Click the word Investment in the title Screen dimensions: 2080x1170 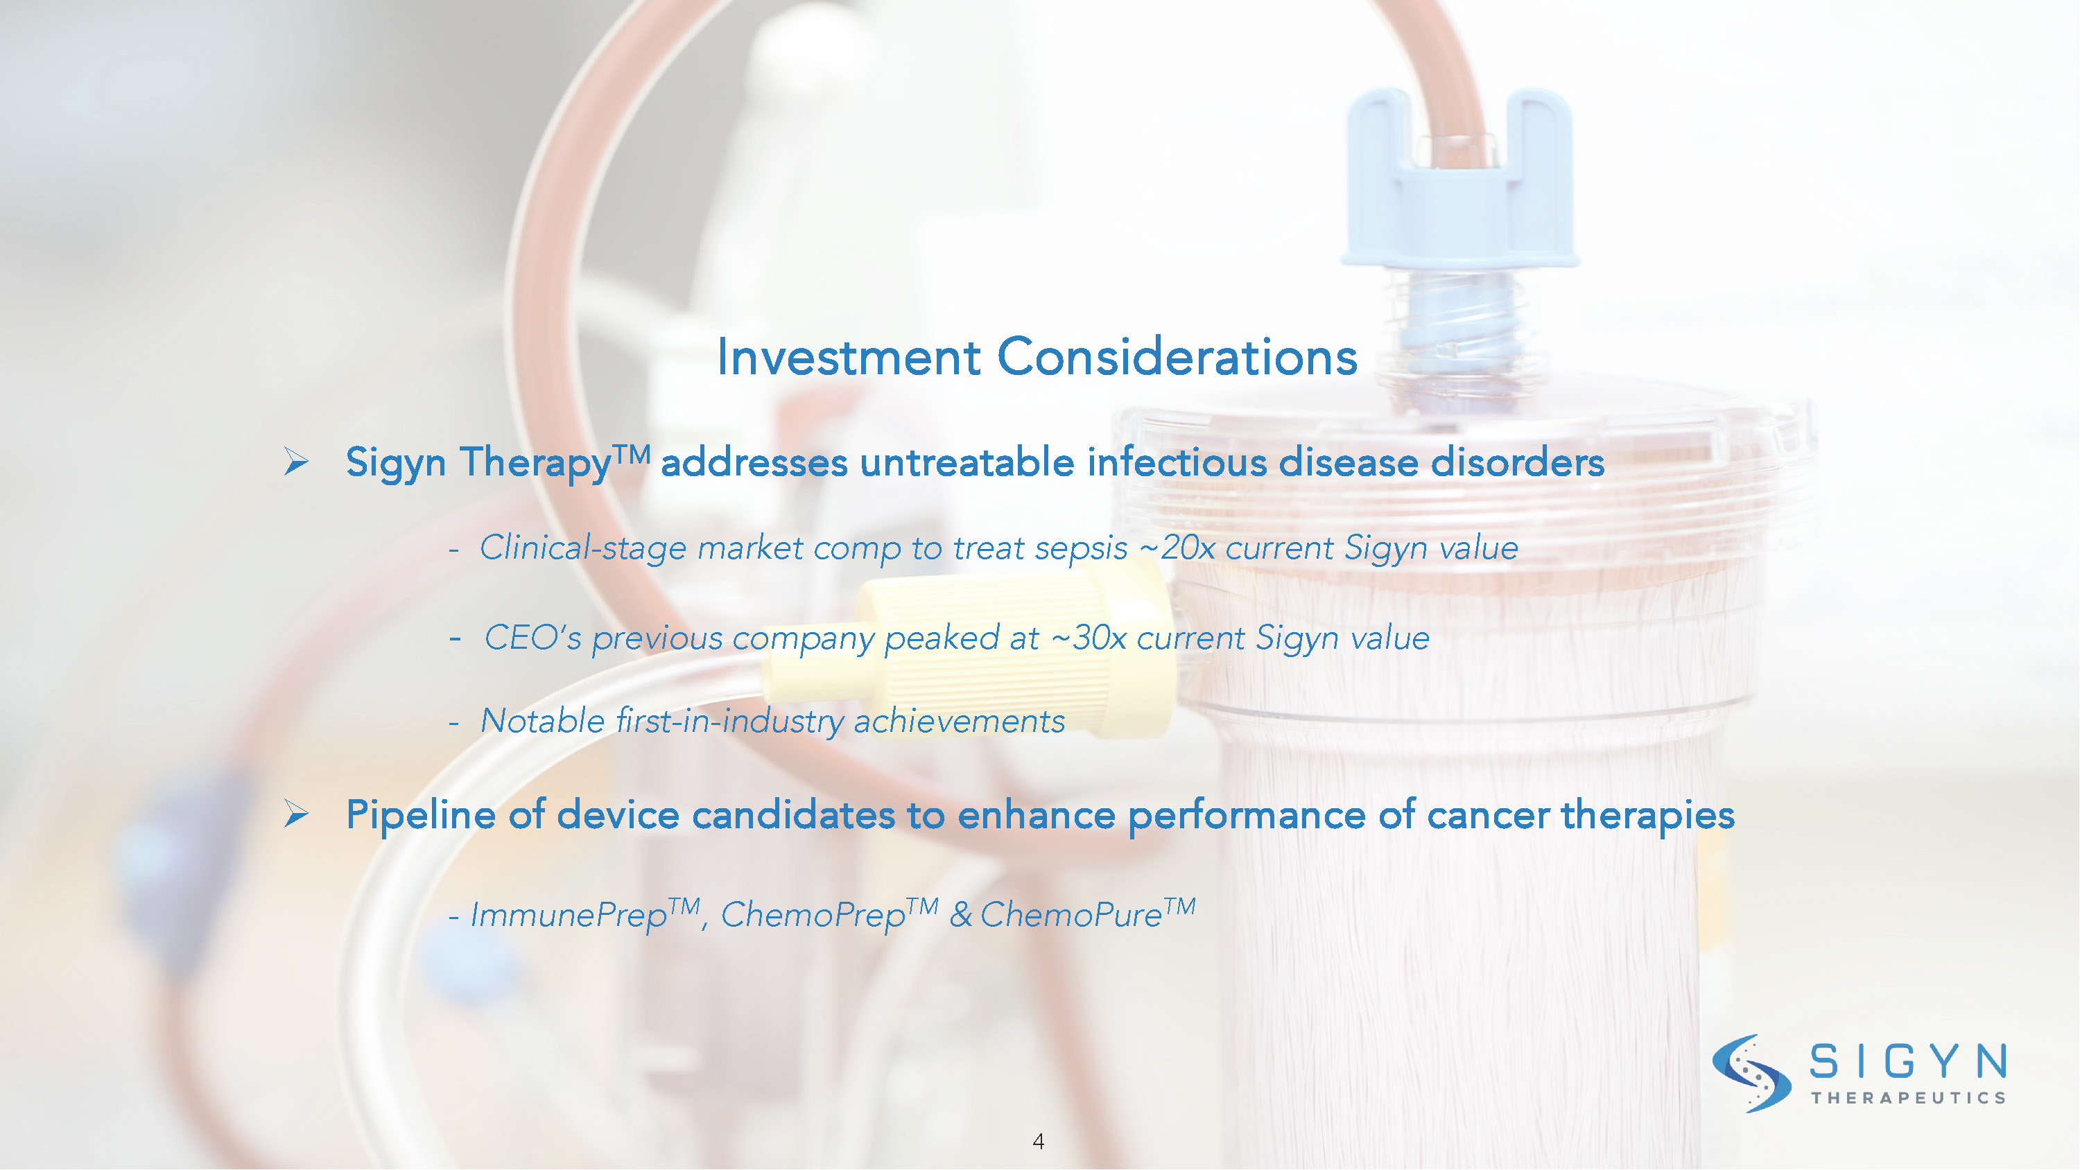[x=848, y=357]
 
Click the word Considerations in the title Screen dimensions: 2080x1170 [x=1177, y=357]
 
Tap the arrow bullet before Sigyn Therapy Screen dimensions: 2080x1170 [x=296, y=462]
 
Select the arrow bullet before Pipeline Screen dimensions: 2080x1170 [x=296, y=814]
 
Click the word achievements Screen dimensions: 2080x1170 [x=960, y=722]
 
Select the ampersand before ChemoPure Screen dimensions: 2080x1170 [x=961, y=915]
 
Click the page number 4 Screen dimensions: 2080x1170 [x=1039, y=1142]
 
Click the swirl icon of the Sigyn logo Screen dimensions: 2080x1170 [x=1751, y=1073]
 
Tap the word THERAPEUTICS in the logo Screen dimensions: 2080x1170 [x=1909, y=1097]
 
